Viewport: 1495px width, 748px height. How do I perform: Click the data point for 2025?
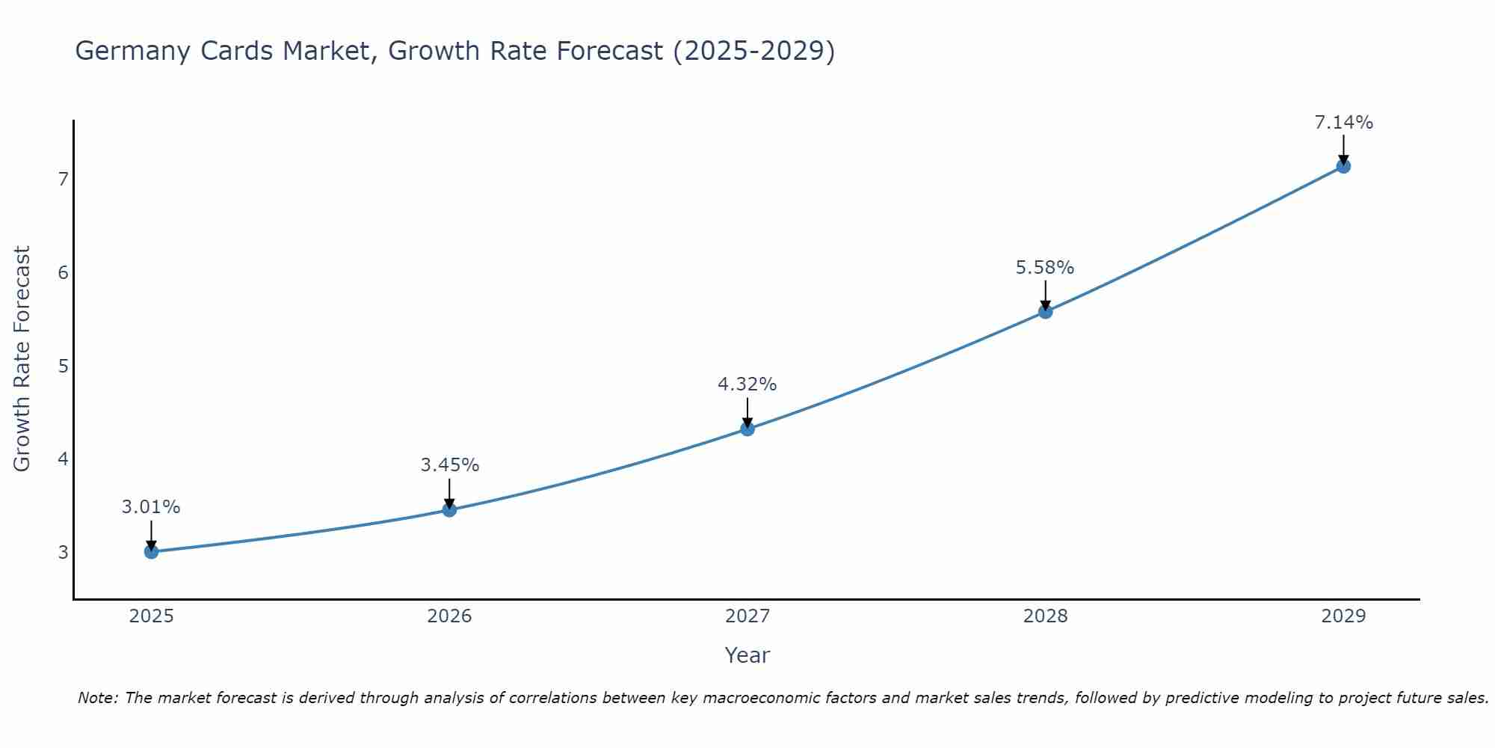(x=151, y=552)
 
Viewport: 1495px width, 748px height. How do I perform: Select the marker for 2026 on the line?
(x=449, y=510)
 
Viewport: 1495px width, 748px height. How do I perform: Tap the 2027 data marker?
(x=747, y=429)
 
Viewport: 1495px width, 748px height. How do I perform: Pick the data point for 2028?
(x=1045, y=311)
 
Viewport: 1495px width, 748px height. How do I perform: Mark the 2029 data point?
(x=1343, y=166)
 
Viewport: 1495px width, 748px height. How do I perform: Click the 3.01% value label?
(x=151, y=507)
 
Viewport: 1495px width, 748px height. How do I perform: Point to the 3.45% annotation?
(x=449, y=465)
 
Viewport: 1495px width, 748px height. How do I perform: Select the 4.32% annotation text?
(x=747, y=384)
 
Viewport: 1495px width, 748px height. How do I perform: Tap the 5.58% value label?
(x=1045, y=268)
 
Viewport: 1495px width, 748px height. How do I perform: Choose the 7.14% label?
(x=1343, y=123)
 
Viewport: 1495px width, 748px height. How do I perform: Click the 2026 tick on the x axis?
(x=449, y=616)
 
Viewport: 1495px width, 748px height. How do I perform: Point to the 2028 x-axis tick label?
(x=1045, y=616)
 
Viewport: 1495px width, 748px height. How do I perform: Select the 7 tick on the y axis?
(x=64, y=180)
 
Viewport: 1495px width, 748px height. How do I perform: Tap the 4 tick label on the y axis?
(x=64, y=459)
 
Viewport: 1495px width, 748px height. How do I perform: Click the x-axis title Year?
(x=747, y=655)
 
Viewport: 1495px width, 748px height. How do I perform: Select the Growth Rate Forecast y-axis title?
(x=22, y=359)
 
